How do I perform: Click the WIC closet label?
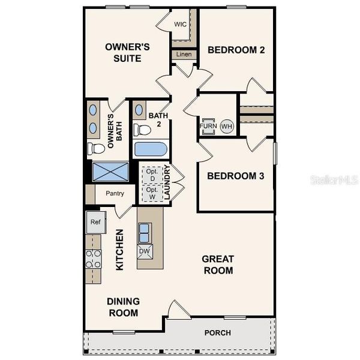(x=180, y=24)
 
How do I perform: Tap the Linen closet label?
(x=183, y=55)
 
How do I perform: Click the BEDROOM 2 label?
(x=236, y=50)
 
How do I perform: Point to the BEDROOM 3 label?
(x=236, y=176)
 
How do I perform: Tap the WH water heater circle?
(x=226, y=127)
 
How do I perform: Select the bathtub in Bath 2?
(x=151, y=149)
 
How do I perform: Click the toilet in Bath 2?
(x=142, y=129)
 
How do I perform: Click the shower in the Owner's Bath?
(x=110, y=171)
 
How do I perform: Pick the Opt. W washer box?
(x=151, y=193)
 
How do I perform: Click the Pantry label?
(x=115, y=193)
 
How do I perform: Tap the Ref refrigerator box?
(x=95, y=221)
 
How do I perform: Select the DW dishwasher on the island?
(x=145, y=251)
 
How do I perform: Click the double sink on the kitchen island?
(x=145, y=232)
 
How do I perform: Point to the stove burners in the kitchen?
(x=93, y=259)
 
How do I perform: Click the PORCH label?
(x=217, y=333)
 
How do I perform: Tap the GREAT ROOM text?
(x=217, y=265)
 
